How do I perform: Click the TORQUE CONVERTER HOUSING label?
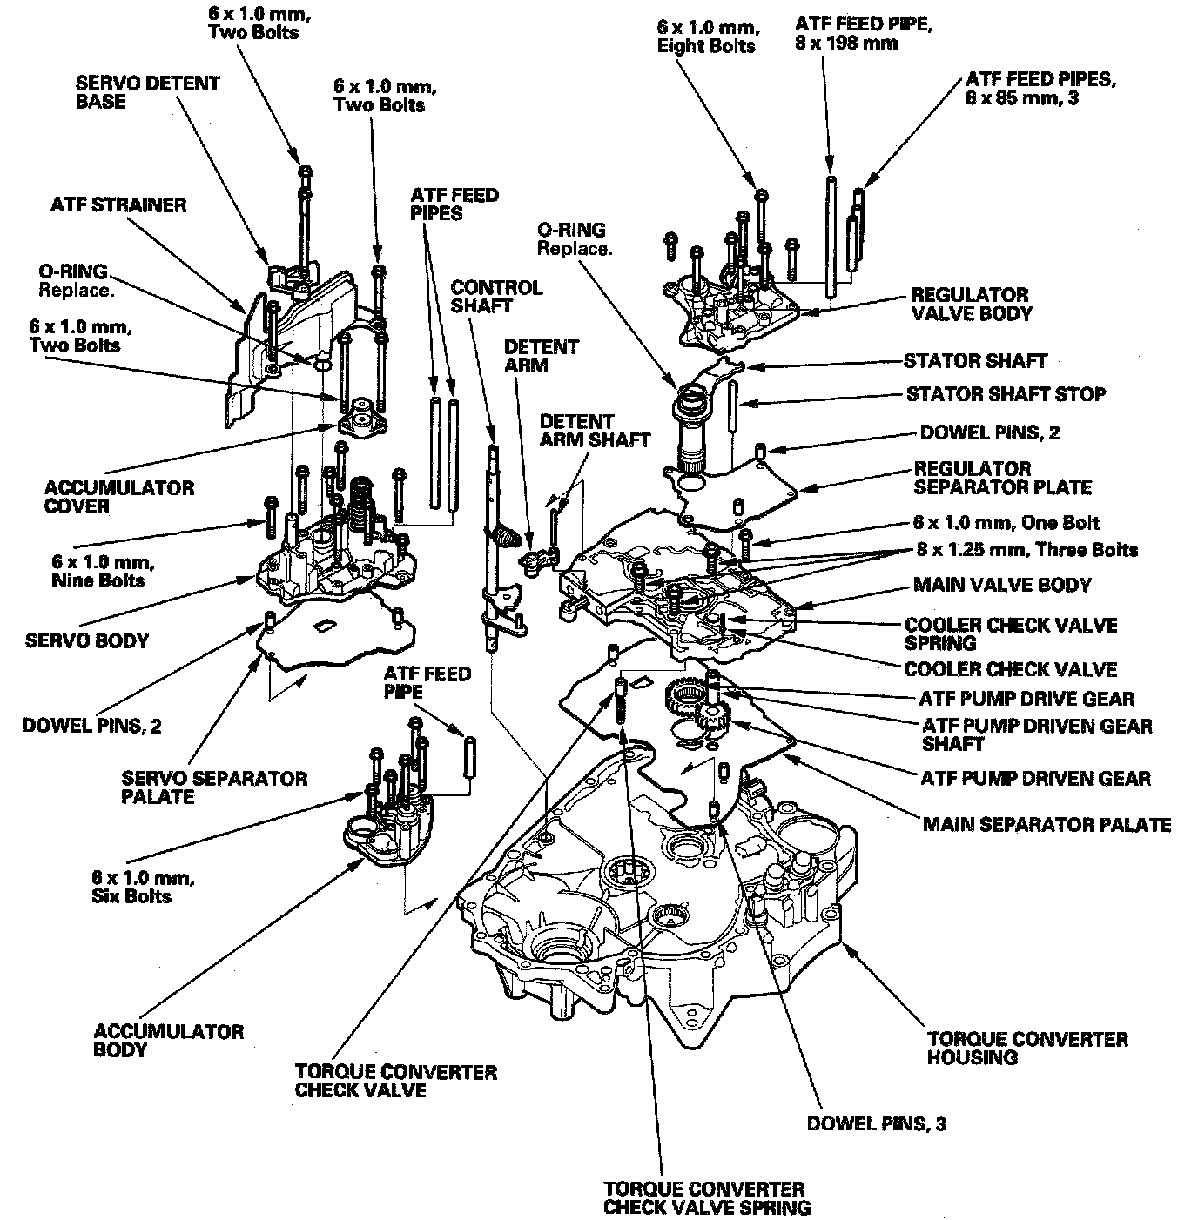tap(1026, 1048)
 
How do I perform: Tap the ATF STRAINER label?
tap(118, 205)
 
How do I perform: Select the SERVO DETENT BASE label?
tap(147, 92)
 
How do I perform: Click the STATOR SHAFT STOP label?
tap(1006, 394)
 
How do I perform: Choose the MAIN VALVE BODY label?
tap(1001, 585)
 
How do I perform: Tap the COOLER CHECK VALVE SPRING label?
tap(1011, 633)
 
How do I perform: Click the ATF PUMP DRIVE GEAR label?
tap(1026, 698)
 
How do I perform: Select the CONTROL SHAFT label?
tap(496, 296)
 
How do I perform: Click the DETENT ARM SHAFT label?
tap(595, 430)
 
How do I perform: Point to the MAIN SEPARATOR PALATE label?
tap(1047, 823)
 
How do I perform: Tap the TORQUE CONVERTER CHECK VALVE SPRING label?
tap(707, 1197)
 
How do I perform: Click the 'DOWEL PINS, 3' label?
tap(876, 1123)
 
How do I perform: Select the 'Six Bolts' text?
tap(131, 896)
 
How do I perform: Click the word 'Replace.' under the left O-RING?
tap(76, 290)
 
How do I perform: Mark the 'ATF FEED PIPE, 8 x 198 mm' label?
tap(863, 33)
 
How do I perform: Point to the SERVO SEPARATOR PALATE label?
tap(214, 787)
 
